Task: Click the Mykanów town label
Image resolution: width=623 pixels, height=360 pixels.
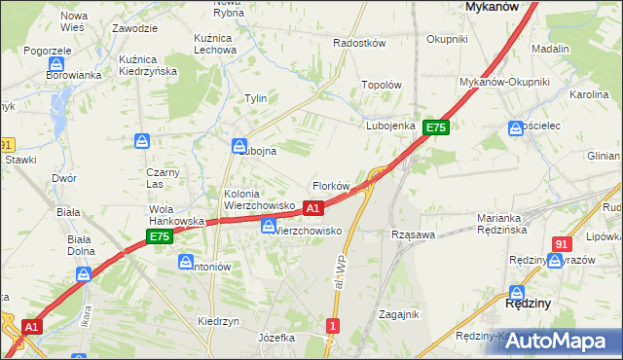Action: point(491,6)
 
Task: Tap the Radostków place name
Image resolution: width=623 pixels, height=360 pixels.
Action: point(360,44)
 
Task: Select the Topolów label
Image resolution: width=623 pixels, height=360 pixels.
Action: point(382,85)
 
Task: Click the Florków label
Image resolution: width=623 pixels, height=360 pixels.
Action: point(330,185)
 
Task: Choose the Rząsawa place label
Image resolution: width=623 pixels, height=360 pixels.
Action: point(412,234)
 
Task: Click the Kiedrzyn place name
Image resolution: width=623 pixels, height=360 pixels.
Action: point(218,321)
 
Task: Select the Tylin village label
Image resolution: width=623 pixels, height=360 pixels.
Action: point(256,98)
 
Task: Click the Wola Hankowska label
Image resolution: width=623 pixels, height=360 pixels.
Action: point(176,215)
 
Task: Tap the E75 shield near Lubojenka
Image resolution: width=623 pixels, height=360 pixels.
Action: point(435,127)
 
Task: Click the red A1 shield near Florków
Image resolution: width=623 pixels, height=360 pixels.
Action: point(312,208)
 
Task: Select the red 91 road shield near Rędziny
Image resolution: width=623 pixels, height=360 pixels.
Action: point(561,244)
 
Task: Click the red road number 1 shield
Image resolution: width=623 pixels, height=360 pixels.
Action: point(334,326)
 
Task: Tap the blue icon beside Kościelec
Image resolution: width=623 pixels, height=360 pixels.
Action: point(515,127)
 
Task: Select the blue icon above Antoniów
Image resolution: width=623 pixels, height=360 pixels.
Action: point(186,261)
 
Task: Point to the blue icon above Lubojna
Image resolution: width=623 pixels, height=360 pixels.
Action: point(238,147)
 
